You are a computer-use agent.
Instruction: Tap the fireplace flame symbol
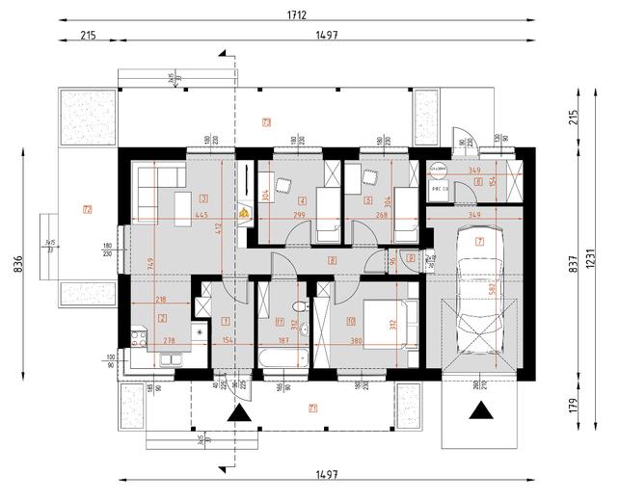[x=245, y=213]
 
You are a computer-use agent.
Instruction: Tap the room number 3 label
[x=203, y=198]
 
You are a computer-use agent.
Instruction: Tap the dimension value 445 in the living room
[x=202, y=216]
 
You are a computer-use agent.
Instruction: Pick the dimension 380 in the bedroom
[x=357, y=340]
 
